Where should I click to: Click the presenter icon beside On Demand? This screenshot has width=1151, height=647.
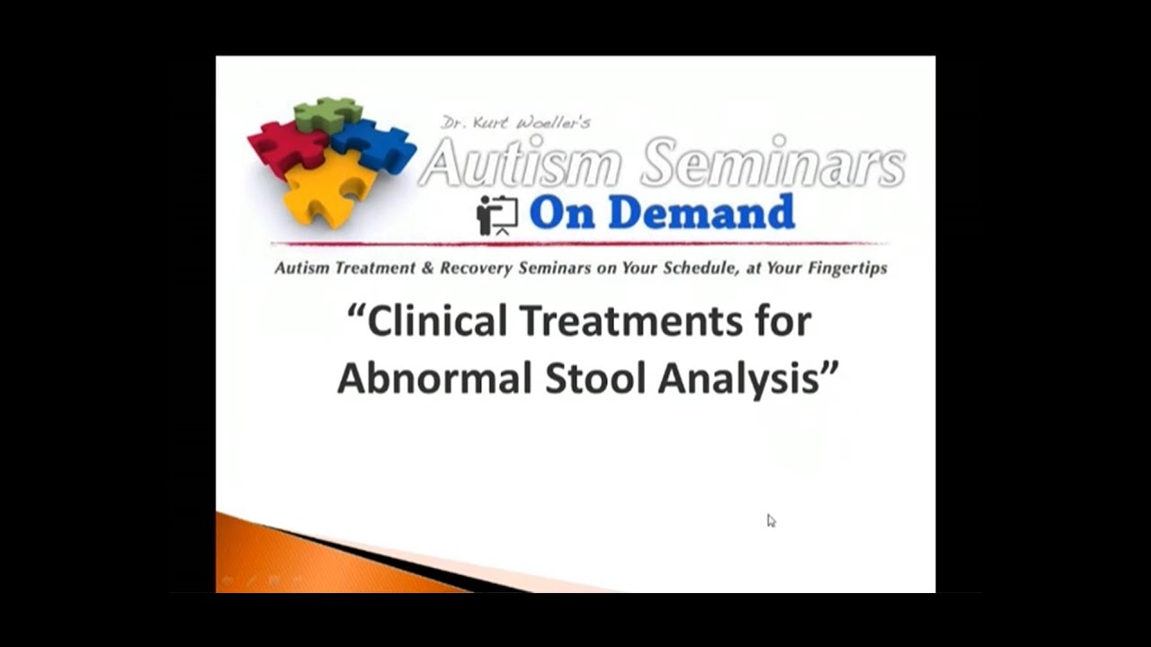click(497, 215)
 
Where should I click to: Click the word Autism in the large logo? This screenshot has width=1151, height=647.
click(522, 163)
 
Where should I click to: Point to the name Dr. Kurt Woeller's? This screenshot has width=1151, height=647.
click(515, 122)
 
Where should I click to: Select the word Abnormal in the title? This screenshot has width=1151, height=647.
click(434, 378)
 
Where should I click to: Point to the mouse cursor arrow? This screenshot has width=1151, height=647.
click(771, 520)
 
